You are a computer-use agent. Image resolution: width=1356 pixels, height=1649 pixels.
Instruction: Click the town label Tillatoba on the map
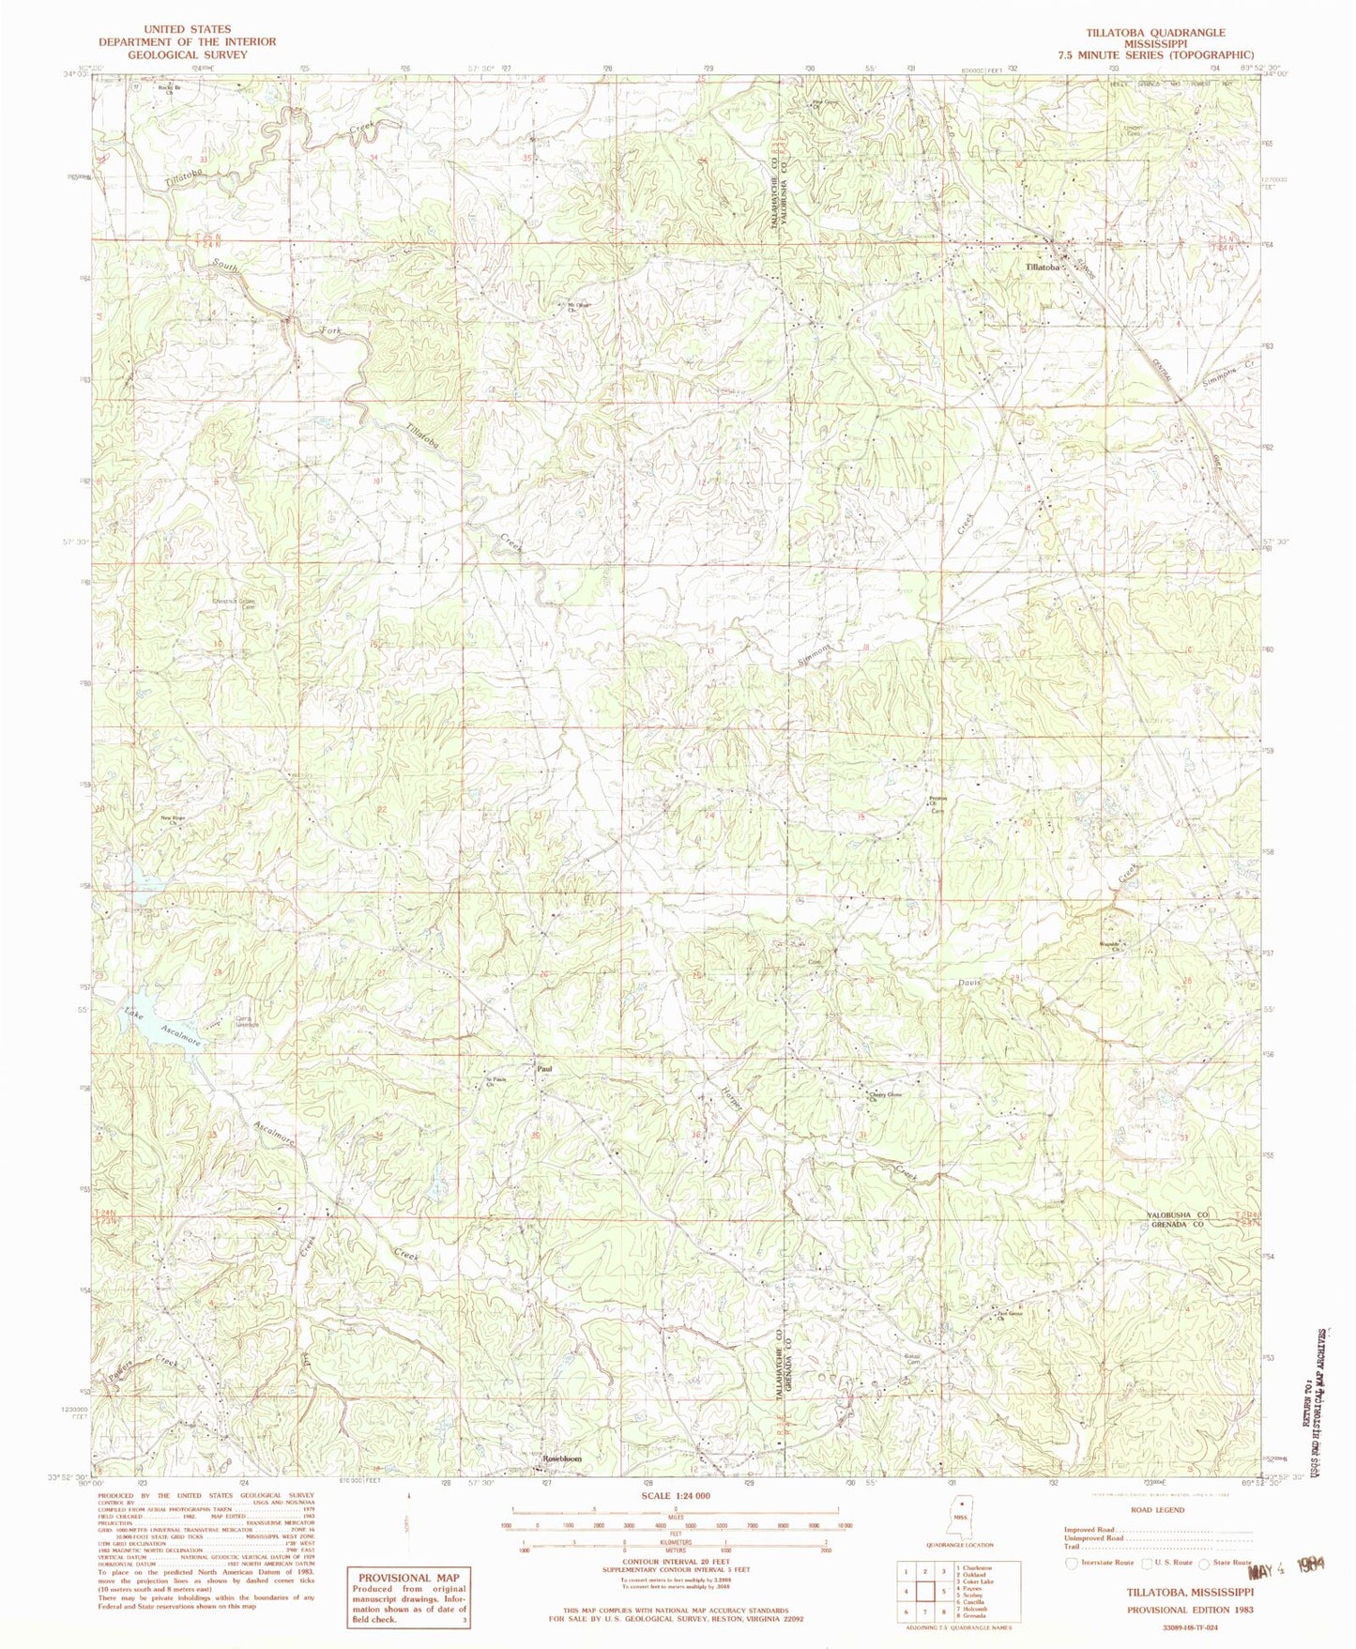coord(1043,267)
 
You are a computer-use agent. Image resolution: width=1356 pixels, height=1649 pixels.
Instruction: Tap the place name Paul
coord(542,1068)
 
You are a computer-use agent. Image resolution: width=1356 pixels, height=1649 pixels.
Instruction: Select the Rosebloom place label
coord(563,1459)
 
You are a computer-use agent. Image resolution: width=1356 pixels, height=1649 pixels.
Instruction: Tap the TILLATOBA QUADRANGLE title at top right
coord(1154,33)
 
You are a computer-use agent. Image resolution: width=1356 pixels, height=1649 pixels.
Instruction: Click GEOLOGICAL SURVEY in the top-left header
coord(188,54)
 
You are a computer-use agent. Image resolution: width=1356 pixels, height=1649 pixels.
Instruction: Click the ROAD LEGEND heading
coord(1158,1510)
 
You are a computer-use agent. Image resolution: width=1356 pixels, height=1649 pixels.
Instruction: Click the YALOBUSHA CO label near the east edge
coord(1178,1215)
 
